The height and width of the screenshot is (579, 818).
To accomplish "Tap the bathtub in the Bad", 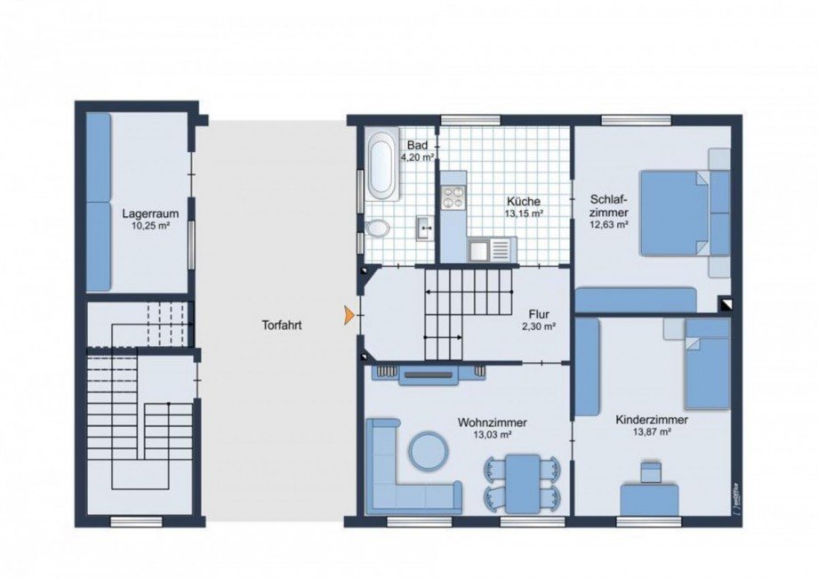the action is pos(382,164).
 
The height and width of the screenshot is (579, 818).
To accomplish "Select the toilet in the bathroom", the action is pos(378,229).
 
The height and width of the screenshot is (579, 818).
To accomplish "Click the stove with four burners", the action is pos(453,197).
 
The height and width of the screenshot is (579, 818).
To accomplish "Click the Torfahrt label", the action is pos(282,326).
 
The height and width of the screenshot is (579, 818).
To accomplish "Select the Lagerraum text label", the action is pos(150,213).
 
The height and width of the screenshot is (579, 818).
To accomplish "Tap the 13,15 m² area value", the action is pos(524,213).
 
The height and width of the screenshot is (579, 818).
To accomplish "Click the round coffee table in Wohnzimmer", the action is pos(429,450).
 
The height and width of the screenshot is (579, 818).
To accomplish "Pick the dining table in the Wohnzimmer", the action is pos(523,484).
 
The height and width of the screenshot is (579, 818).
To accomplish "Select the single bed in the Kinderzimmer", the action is pos(708,364).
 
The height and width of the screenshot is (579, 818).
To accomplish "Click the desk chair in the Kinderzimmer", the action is pos(650,471).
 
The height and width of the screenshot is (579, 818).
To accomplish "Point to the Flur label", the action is pos(539,315).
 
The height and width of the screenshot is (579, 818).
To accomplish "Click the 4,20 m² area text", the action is pos(417,157).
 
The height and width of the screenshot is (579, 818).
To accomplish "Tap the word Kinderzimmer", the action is pos(652,420).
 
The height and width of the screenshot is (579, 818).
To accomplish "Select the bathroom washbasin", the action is pos(426,228).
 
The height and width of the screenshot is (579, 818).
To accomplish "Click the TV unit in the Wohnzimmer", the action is pos(429,374).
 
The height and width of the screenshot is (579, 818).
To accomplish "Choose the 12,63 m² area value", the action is pos(608,225).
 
